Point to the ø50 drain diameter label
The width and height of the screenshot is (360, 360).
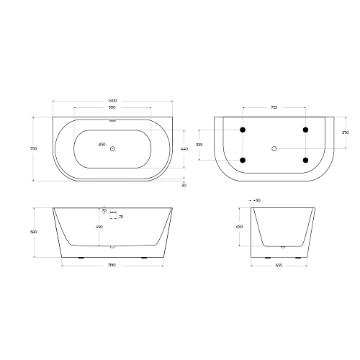tap(102, 145)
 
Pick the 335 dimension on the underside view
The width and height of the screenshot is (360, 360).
tap(199, 144)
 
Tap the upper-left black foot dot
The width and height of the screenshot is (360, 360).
tap(243, 130)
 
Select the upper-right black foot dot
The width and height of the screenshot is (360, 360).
tap(305, 130)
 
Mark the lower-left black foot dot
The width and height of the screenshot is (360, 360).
tap(243, 160)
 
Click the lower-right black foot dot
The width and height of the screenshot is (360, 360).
tap(305, 160)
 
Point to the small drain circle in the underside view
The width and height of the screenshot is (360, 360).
tap(274, 148)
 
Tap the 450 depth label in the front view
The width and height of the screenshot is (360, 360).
tap(99, 228)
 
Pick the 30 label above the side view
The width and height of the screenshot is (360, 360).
tap(257, 200)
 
